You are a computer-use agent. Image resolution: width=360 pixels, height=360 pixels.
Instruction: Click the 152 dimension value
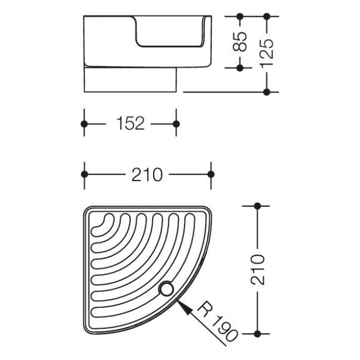point(130,124)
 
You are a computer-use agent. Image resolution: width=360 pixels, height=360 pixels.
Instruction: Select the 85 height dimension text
point(240,42)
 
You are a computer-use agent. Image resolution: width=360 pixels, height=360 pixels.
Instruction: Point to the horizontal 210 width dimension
point(147,174)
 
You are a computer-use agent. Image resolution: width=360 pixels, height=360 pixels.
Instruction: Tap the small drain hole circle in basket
point(166,289)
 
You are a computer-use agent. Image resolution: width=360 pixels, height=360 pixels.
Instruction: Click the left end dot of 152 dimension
point(84,124)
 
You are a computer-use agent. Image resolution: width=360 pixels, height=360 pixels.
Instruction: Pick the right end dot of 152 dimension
point(176,124)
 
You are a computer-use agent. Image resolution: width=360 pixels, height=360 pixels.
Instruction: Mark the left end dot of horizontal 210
point(84,174)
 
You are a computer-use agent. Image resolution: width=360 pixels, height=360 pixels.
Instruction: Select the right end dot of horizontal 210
point(210,174)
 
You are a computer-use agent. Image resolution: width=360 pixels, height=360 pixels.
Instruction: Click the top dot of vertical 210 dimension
point(258,206)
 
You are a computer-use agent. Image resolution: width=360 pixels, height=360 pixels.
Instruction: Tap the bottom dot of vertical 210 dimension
point(258,333)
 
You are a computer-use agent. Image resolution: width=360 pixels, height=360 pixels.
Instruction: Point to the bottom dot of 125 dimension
point(266,92)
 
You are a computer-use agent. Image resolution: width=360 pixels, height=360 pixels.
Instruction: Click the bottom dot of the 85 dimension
point(240,67)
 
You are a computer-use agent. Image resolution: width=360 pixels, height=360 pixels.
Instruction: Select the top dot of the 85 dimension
point(240,16)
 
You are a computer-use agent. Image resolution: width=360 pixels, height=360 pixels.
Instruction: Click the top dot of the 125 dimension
point(266,16)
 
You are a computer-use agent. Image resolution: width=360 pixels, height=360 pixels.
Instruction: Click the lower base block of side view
point(130,80)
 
